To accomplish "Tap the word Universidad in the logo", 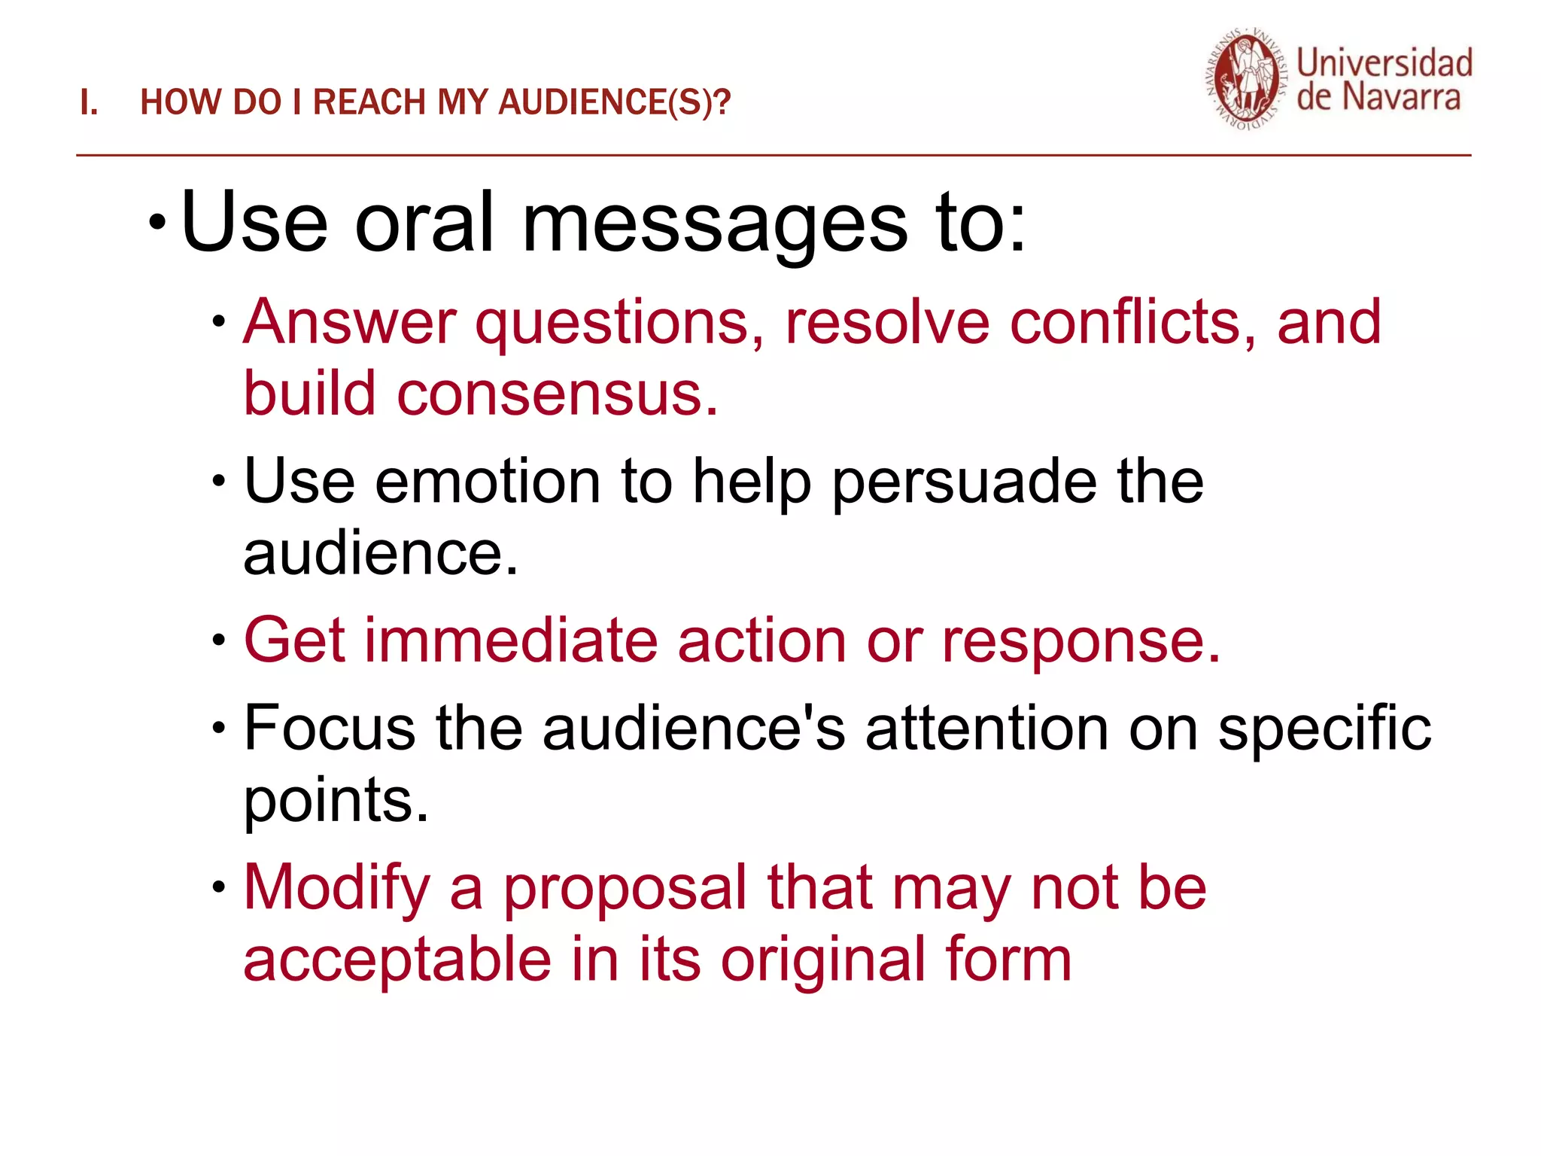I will tap(1384, 62).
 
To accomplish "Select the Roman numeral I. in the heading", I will tap(89, 103).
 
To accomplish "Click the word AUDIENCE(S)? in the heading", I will tap(614, 103).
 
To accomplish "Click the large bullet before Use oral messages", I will tap(157, 222).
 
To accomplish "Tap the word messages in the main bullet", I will tap(714, 224).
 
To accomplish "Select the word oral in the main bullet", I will tap(424, 224).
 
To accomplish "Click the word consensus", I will tap(557, 394).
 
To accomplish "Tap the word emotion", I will tap(487, 482).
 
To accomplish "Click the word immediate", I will tap(511, 640).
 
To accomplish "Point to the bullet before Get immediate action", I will tap(219, 641).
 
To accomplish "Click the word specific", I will tap(1324, 729).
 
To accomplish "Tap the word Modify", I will tap(336, 889).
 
